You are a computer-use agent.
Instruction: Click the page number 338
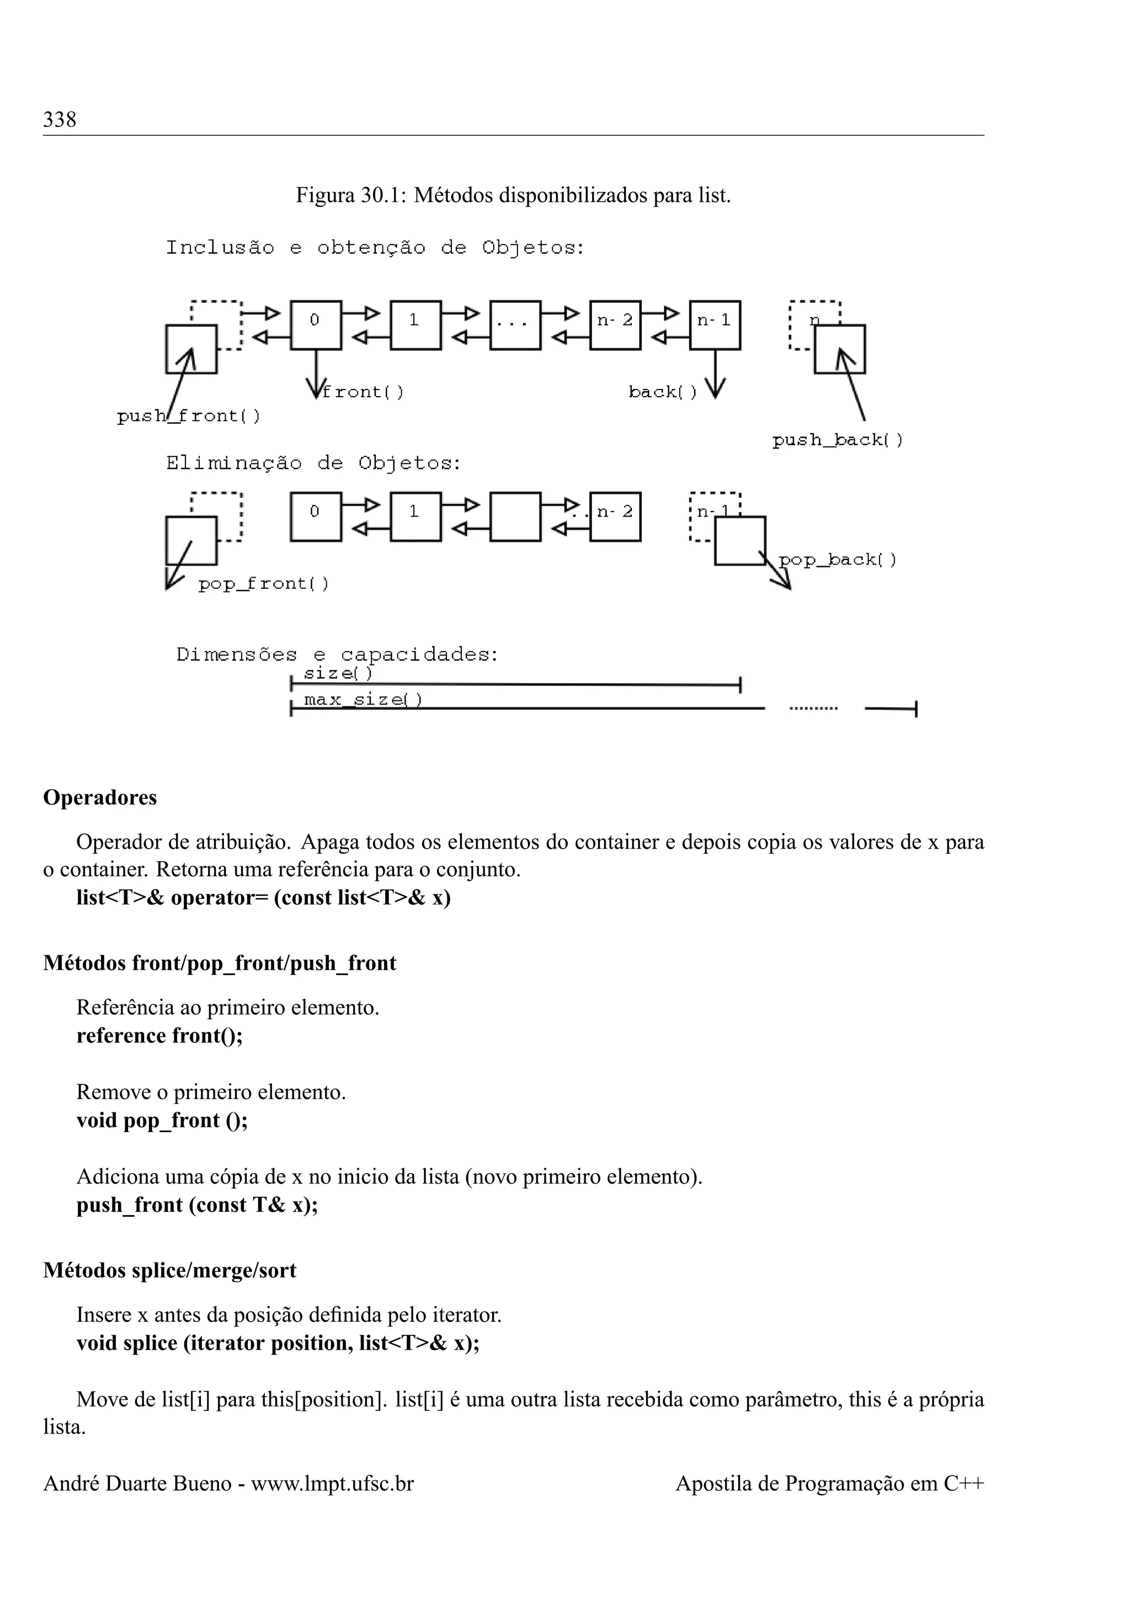[x=60, y=120]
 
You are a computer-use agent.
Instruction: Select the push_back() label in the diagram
[x=837, y=440]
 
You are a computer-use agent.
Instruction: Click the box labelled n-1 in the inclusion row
[x=715, y=325]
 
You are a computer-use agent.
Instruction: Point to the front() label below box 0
[x=363, y=392]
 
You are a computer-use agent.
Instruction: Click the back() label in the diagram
[x=663, y=392]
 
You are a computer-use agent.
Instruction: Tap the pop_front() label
[x=263, y=584]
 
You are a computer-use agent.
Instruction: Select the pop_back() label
[x=838, y=560]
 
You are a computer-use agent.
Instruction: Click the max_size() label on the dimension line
[x=363, y=700]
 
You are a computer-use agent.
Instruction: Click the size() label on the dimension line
[x=338, y=674]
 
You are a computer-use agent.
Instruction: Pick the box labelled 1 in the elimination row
[x=415, y=517]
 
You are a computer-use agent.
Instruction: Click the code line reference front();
[x=159, y=1036]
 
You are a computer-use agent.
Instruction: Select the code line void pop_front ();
[x=162, y=1121]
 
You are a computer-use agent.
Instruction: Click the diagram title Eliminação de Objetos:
[x=313, y=464]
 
